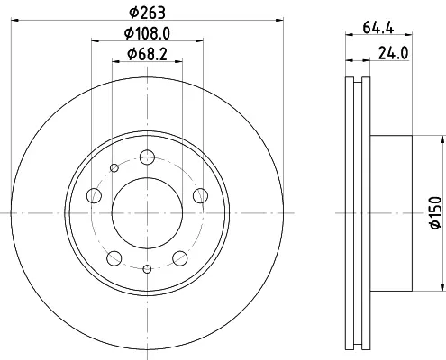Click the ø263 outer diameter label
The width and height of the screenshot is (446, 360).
click(x=147, y=13)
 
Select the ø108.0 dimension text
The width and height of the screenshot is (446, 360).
click(x=147, y=33)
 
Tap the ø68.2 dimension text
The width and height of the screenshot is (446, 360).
click(x=147, y=55)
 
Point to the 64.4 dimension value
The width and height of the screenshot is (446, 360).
click(x=378, y=28)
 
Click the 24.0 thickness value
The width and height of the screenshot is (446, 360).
click(x=393, y=54)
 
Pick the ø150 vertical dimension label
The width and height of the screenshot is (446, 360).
click(x=436, y=212)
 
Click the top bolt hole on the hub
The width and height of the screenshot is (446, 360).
click(x=147, y=157)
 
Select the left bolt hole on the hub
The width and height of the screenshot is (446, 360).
click(x=94, y=195)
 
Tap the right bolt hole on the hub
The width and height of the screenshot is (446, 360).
click(x=200, y=195)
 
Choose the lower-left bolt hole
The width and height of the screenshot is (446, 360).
click(x=114, y=258)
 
